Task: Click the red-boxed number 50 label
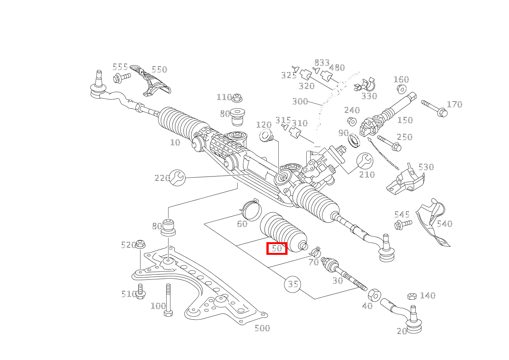277,248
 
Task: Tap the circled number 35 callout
293,284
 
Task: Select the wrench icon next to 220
177,177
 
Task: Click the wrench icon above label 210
365,161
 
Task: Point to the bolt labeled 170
434,108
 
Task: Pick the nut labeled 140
412,296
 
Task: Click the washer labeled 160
402,89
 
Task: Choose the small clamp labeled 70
315,252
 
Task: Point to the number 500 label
262,328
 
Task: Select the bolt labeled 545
402,224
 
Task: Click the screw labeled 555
121,78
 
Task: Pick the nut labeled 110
237,97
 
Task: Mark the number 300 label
300,101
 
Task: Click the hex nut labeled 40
374,295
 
